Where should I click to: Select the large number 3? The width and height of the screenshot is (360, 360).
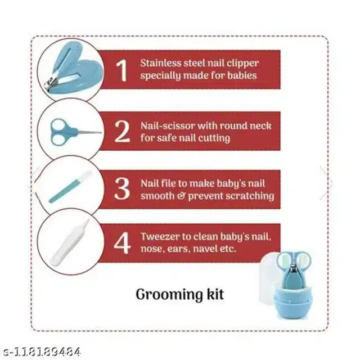tap(122, 188)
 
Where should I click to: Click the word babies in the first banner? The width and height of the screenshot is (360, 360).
tap(242, 75)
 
